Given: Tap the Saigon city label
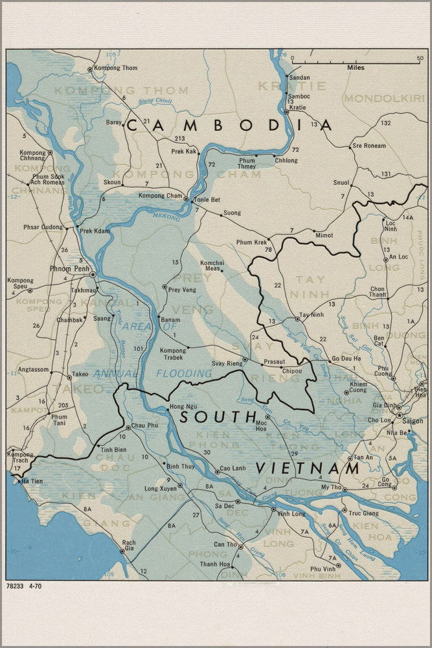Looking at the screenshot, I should click(x=413, y=421).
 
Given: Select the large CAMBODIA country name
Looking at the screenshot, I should click(x=229, y=126).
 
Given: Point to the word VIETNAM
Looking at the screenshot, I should click(x=308, y=468).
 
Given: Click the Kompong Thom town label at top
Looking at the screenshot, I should click(x=115, y=68).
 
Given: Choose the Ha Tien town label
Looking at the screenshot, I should click(x=33, y=481).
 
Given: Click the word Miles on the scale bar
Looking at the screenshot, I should click(x=356, y=67).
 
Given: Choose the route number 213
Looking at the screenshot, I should click(x=179, y=139).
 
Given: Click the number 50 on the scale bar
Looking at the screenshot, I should click(x=420, y=58).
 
